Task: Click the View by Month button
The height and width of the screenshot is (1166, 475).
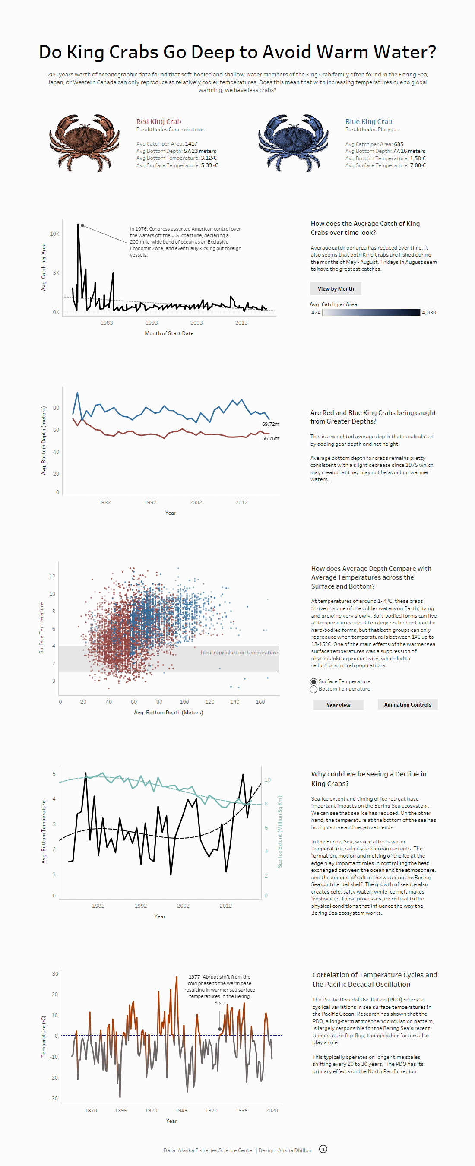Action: click(336, 289)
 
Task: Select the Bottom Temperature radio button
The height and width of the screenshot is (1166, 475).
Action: click(313, 689)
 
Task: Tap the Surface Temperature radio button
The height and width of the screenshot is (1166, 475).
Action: click(313, 681)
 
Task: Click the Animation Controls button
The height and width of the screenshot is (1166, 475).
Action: click(408, 705)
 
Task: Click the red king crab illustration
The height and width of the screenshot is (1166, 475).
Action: click(84, 143)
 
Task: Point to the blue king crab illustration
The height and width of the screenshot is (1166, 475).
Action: click(293, 143)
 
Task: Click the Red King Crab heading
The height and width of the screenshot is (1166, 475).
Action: click(158, 121)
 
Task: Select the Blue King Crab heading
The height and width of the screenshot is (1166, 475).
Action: click(369, 121)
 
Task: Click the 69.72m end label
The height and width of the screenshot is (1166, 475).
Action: click(270, 424)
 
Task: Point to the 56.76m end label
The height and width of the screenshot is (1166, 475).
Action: click(270, 438)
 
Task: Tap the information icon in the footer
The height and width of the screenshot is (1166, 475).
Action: click(323, 1149)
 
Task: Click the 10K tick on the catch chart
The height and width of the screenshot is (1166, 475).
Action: click(54, 234)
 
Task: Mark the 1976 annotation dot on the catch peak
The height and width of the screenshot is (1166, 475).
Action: click(82, 225)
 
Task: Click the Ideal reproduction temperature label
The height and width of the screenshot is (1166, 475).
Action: click(239, 652)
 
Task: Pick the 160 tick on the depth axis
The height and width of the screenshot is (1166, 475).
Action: click(260, 702)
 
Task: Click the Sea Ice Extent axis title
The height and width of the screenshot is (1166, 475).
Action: click(280, 831)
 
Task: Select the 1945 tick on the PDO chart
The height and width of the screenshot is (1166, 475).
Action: click(181, 1110)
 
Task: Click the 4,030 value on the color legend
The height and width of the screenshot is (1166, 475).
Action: click(429, 312)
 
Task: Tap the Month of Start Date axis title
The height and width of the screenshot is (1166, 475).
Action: click(169, 333)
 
